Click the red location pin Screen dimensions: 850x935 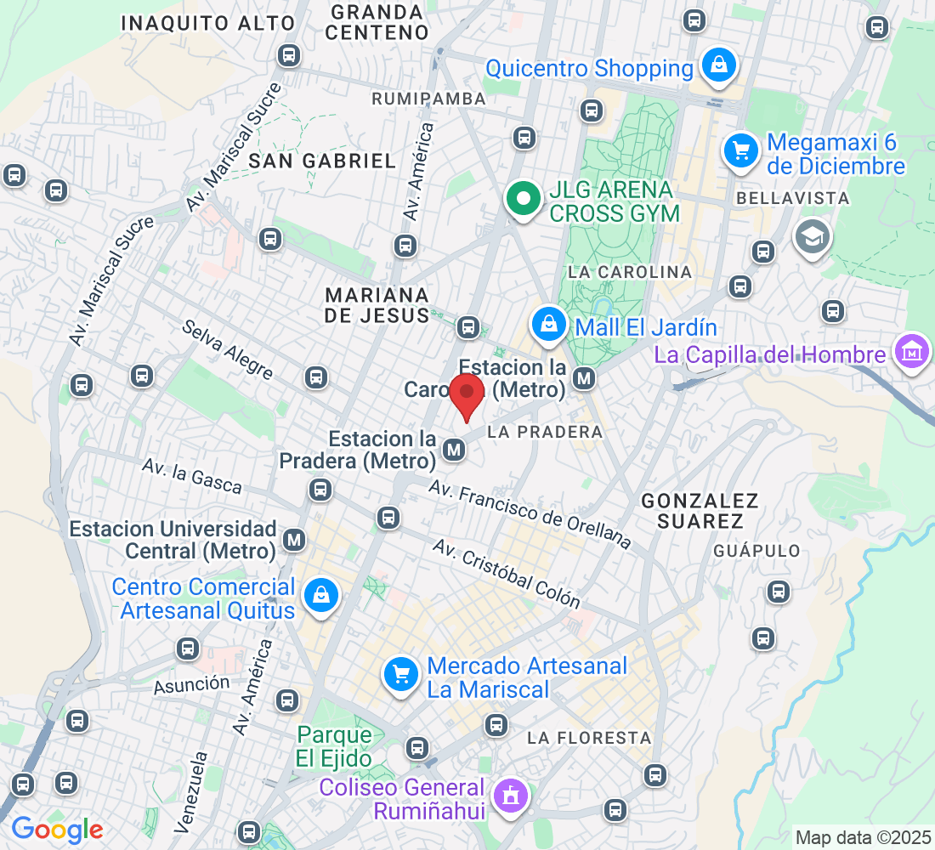(466, 395)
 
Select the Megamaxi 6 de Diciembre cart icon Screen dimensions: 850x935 (741, 151)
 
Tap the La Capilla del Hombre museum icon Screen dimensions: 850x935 (911, 350)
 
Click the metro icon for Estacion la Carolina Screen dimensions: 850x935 (584, 378)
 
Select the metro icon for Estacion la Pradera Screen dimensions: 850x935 (456, 448)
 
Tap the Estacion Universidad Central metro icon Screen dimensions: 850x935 (295, 539)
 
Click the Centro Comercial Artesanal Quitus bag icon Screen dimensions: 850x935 (322, 595)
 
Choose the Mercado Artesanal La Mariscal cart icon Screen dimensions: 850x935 (401, 675)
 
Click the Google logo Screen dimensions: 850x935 (57, 829)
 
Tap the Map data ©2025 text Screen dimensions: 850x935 (862, 837)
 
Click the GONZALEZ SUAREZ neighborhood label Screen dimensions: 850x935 (700, 510)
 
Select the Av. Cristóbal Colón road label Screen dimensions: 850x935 (507, 574)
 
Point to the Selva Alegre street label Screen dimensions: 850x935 (228, 349)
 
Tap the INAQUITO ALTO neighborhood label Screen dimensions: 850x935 (208, 23)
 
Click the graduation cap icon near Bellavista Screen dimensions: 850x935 (812, 236)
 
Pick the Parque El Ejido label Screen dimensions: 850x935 (335, 746)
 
